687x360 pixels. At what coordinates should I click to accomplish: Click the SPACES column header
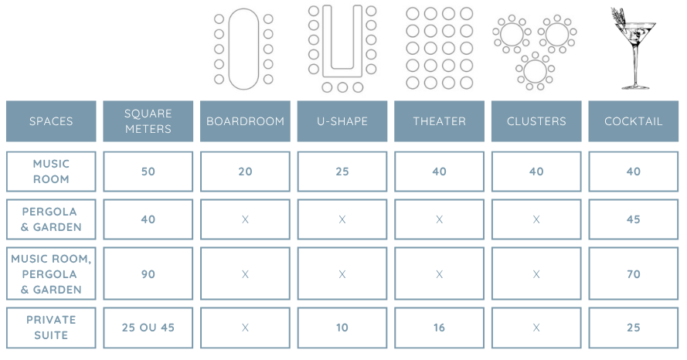[x=51, y=121]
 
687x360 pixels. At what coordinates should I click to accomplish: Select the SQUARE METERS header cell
[x=148, y=121]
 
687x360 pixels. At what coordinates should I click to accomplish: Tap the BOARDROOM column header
[x=245, y=121]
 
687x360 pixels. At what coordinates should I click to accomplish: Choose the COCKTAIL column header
[x=633, y=121]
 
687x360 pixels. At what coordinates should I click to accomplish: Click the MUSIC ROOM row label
[x=51, y=172]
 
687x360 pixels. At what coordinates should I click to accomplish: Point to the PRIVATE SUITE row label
[x=51, y=328]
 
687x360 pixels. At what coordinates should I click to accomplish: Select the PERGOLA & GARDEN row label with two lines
[x=51, y=219]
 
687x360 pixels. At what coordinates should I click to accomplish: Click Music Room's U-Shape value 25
[x=342, y=172]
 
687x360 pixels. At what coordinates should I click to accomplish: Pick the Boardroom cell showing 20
[x=245, y=172]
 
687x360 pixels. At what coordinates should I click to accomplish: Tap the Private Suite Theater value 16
[x=439, y=328]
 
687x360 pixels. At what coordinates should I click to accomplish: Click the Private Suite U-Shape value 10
[x=342, y=328]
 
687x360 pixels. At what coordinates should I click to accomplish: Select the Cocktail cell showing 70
[x=633, y=274]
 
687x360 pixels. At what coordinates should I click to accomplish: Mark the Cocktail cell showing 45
[x=633, y=219]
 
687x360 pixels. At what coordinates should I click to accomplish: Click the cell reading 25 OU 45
[x=148, y=328]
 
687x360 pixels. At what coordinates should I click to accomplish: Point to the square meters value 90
[x=148, y=274]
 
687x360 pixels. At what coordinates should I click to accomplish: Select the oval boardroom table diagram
[x=243, y=48]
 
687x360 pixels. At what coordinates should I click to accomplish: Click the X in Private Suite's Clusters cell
[x=536, y=328]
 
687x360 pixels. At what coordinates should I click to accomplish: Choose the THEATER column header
[x=439, y=121]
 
